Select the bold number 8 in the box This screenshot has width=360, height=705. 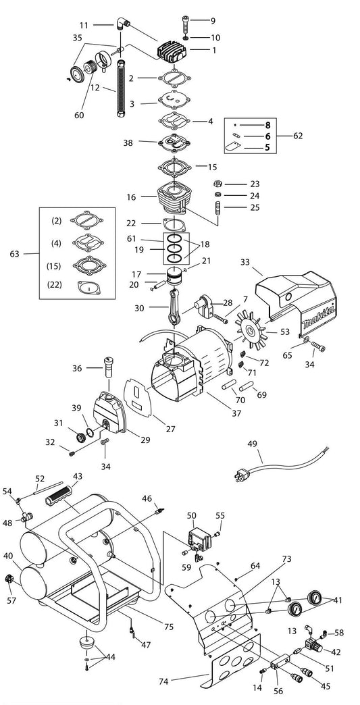point(267,126)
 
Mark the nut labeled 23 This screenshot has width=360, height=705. point(217,184)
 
